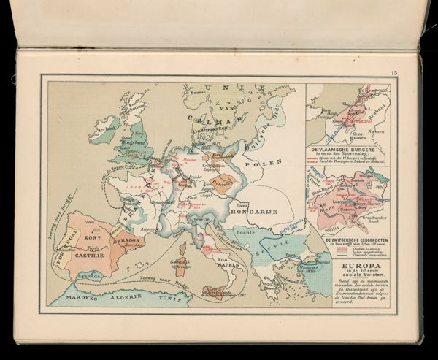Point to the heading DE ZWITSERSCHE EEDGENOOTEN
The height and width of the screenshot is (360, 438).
point(348,240)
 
